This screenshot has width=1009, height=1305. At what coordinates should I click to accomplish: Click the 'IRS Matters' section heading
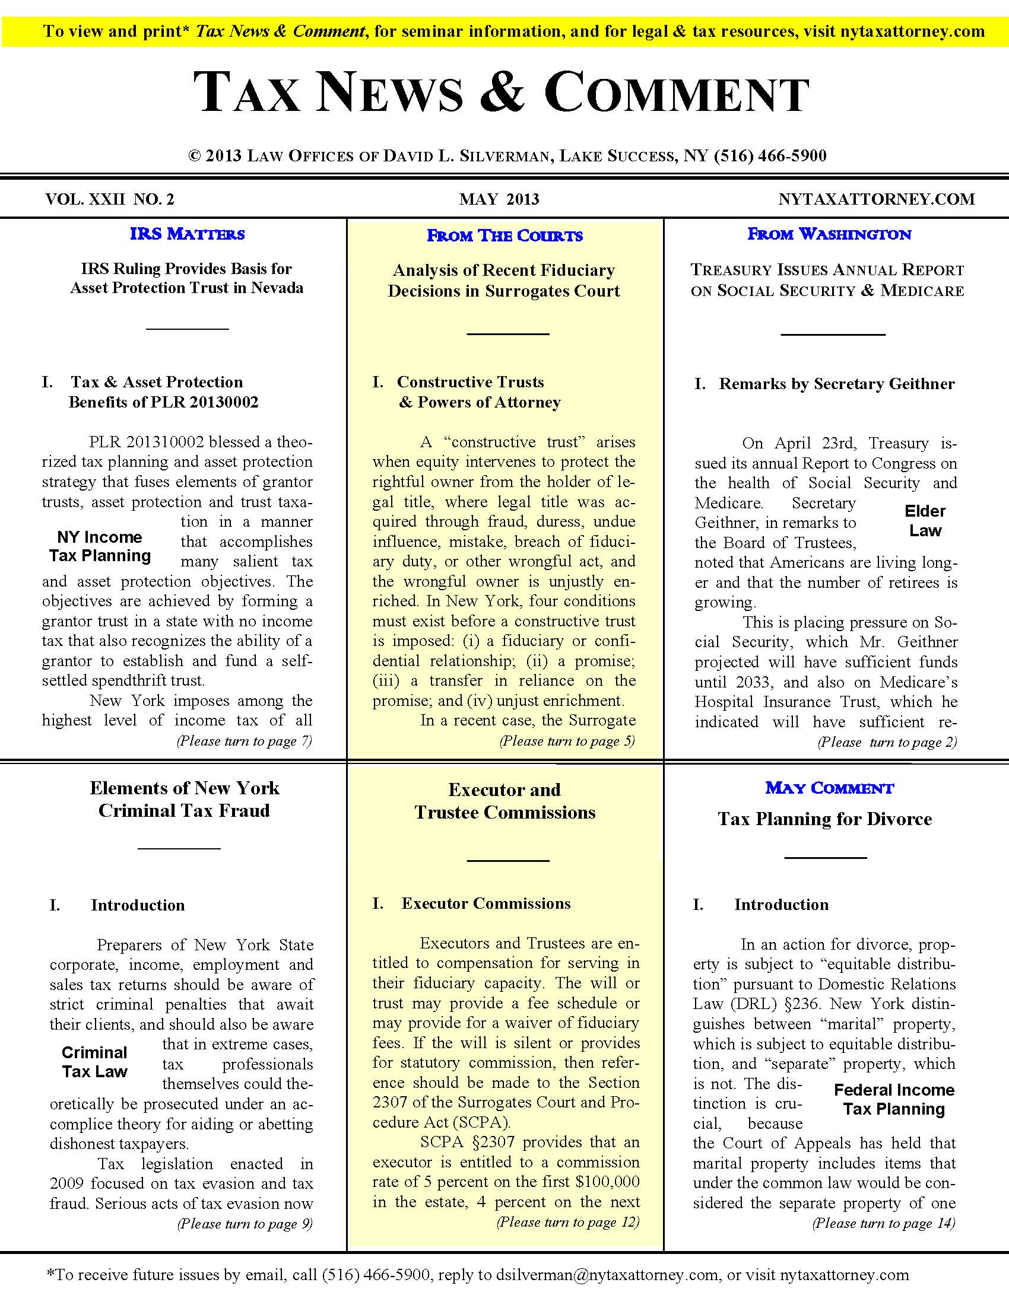click(187, 234)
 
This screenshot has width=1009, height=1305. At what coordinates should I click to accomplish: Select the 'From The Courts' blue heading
click(504, 235)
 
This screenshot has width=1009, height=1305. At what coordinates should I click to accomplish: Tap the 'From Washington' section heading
click(829, 234)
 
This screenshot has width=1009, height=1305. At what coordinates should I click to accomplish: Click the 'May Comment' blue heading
click(829, 788)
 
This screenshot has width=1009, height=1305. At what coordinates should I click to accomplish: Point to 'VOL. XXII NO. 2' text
click(109, 199)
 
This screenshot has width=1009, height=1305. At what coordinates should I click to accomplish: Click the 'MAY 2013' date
click(499, 199)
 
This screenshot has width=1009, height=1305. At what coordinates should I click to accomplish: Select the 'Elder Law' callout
click(925, 520)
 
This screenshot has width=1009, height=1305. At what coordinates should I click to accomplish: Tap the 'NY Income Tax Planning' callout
click(100, 546)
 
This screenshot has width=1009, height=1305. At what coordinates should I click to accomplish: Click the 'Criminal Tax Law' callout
click(94, 1062)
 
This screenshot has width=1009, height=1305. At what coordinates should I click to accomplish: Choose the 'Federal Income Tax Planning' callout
click(894, 1099)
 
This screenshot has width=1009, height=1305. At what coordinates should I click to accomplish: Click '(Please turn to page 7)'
click(244, 741)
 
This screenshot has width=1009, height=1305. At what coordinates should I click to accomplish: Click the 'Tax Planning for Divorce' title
click(825, 819)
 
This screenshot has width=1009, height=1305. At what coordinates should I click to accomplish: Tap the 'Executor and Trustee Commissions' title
click(505, 801)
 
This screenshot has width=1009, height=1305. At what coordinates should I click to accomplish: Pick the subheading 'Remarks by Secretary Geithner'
click(836, 384)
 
